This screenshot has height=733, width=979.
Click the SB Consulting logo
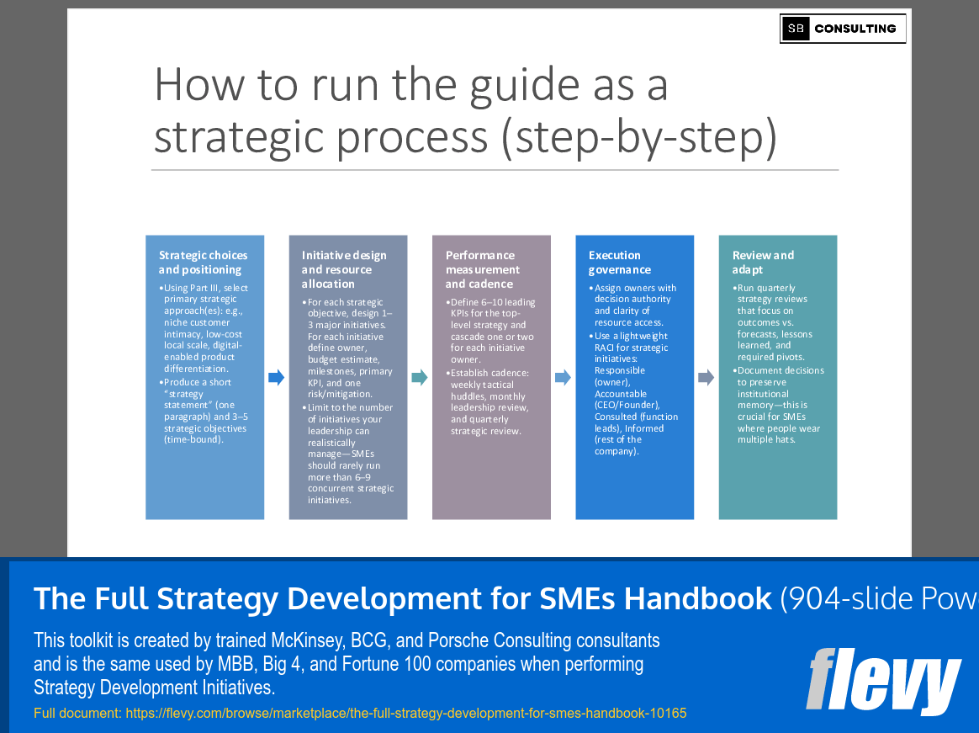point(843,29)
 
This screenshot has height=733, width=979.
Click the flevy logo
point(883,680)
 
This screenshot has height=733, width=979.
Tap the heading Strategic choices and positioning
point(204,263)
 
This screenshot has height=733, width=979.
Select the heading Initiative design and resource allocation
point(344,269)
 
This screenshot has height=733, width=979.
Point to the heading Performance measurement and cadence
point(483,269)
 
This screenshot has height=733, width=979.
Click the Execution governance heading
point(620,263)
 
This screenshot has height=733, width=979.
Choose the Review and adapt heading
point(763,263)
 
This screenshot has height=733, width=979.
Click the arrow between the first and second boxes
point(277,378)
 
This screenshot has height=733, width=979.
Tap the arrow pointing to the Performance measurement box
point(420,378)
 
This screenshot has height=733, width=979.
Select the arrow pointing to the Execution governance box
point(563,378)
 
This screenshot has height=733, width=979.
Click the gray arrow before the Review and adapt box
point(706,378)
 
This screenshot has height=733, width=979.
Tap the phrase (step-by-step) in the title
point(639,137)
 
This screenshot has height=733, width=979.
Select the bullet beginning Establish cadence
point(489,402)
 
